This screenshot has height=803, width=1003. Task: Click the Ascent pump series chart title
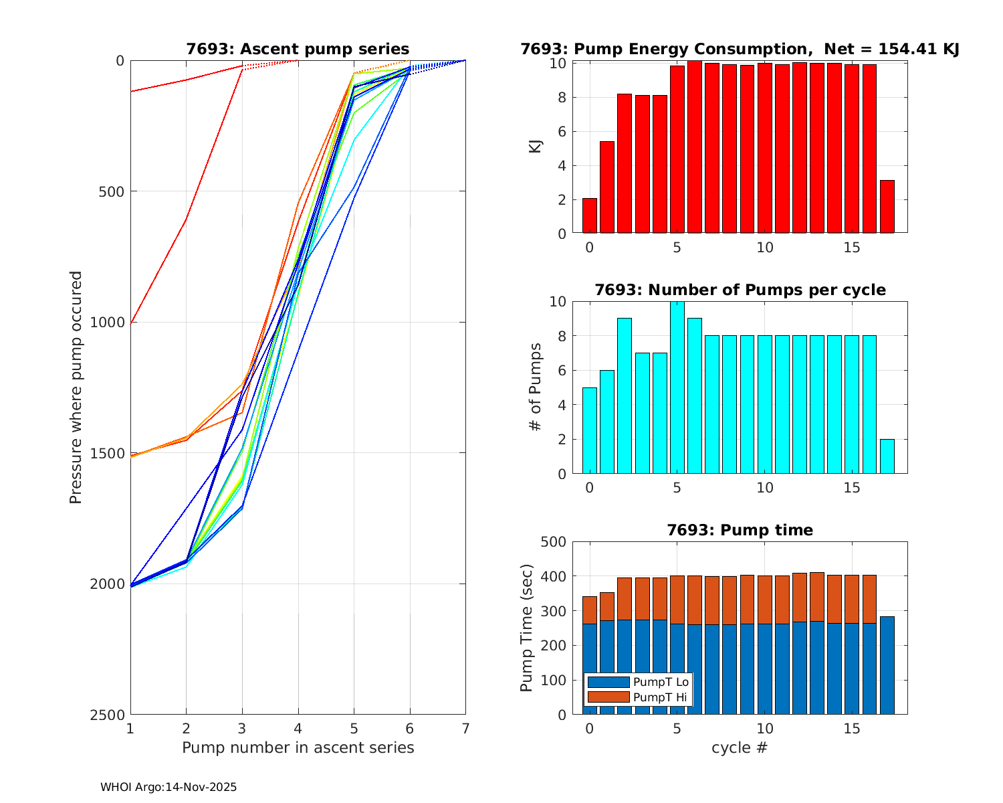coord(298,49)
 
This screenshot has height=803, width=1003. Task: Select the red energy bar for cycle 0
coord(589,216)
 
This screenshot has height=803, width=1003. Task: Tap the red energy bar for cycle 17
coord(887,207)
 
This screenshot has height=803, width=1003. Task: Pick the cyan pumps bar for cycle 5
coord(677,388)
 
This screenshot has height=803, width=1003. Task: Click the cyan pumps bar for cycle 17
coord(887,456)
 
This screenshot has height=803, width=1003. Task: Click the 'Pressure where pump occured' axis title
coord(76,387)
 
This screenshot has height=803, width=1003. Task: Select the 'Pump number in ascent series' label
coord(298,747)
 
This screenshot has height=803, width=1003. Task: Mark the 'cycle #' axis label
coord(739,747)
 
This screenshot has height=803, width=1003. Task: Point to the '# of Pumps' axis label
coord(536,387)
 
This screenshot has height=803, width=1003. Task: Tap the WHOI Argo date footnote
coord(169,788)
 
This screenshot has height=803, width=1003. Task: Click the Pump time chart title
coord(740,530)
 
